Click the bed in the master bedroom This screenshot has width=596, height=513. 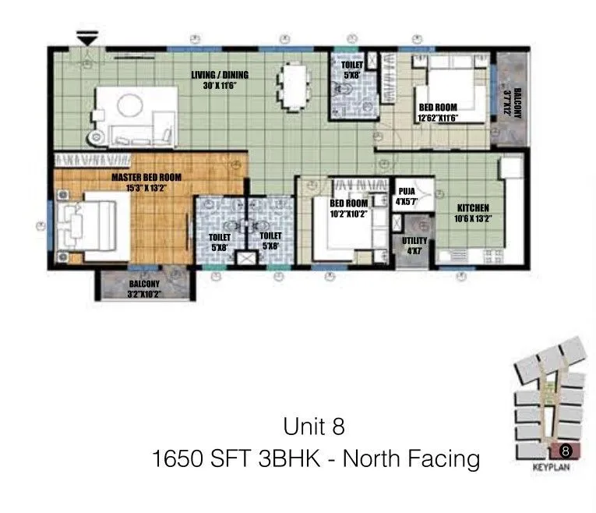coord(92,223)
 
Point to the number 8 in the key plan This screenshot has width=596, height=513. coord(566,450)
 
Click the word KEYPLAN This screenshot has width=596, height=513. coord(553,469)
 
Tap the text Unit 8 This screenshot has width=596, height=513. coord(314,426)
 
